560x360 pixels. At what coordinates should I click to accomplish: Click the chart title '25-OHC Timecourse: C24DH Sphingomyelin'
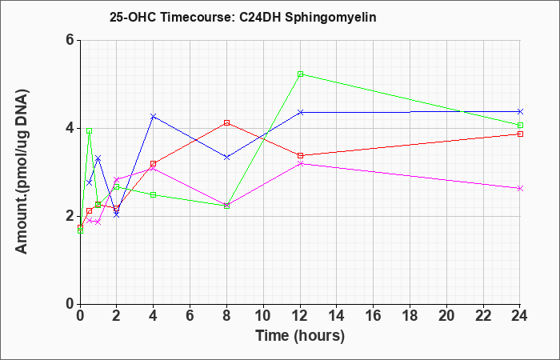pos(243,18)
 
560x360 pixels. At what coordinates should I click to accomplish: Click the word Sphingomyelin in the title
pos(330,18)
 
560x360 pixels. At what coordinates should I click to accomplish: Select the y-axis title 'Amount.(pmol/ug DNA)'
pos(22,172)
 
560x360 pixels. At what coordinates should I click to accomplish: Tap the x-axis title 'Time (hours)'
pos(300,336)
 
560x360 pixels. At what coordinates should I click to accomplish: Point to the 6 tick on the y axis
pos(70,40)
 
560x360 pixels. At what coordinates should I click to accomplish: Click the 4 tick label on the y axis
pos(70,128)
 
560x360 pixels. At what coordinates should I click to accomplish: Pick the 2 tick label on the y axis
pos(70,216)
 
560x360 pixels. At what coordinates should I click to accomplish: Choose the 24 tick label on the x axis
pos(520,316)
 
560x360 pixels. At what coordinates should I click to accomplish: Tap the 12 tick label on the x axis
pos(300,316)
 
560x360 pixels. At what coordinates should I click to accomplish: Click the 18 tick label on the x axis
pos(410,316)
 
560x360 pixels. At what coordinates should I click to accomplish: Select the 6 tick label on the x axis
pos(190,316)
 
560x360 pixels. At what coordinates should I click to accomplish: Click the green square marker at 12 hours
pos(300,74)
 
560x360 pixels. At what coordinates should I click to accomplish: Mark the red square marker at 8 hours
pos(226,122)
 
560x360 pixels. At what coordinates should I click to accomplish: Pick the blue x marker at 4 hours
pos(154,117)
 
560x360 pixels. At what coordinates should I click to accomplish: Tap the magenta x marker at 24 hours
pos(520,188)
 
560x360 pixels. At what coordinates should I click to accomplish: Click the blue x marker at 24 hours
pos(520,112)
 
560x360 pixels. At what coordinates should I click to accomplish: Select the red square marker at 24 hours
pos(520,134)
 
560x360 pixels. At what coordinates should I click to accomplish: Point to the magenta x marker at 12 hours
pos(300,163)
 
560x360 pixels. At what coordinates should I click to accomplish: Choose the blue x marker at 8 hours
pos(226,157)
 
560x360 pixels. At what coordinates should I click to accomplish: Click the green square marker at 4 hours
pos(154,194)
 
